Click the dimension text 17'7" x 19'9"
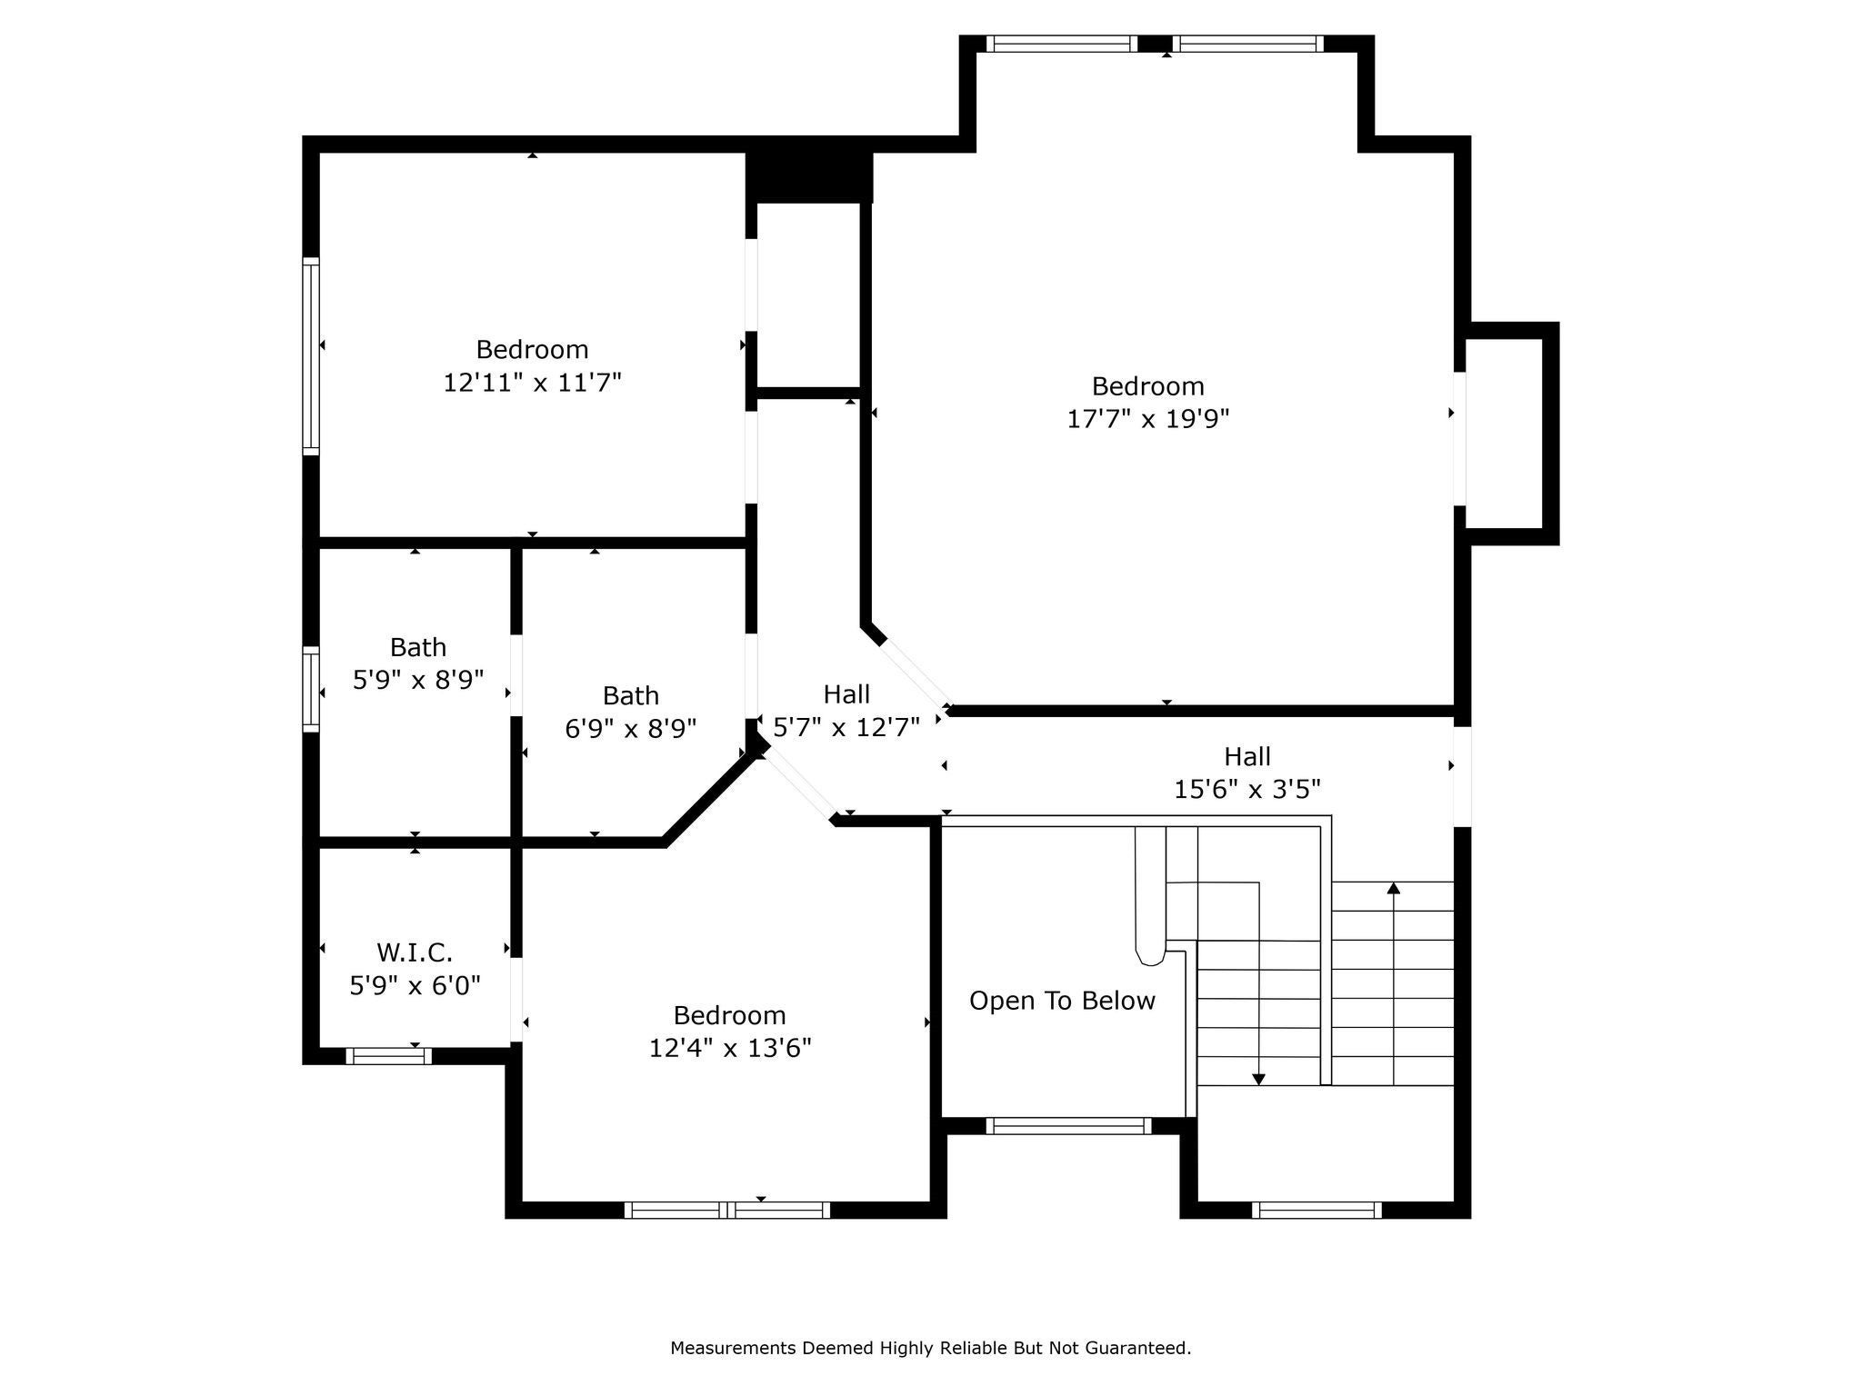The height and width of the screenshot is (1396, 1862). coord(1147,419)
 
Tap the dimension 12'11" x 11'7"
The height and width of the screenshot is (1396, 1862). coord(532,383)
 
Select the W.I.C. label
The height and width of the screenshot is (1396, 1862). coord(415,952)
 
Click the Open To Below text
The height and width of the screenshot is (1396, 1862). coord(1062,1001)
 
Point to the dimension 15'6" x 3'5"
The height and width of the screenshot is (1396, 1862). coord(1246,789)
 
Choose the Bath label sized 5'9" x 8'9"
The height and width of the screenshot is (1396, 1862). coord(417,647)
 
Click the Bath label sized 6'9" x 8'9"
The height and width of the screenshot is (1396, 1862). coord(630,696)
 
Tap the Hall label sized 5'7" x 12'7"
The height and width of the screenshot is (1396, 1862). coord(846,694)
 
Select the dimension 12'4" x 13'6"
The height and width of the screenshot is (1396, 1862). coord(729,1048)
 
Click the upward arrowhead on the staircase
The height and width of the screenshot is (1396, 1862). coord(1393,888)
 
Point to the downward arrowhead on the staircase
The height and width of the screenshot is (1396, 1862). coord(1258,1079)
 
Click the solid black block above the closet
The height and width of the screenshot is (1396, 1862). coord(809,177)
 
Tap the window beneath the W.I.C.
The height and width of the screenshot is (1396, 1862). coord(388,1056)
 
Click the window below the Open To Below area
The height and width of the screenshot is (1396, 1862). coord(1068,1126)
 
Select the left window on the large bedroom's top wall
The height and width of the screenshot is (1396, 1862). coord(1061,44)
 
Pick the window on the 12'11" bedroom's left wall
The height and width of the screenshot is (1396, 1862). coord(311,356)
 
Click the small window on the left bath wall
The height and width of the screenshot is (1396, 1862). coord(311,688)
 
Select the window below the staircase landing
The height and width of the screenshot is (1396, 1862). coord(1316,1210)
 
